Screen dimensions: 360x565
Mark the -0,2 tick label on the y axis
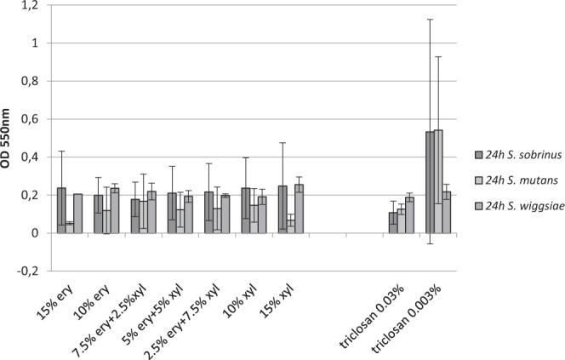27,271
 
